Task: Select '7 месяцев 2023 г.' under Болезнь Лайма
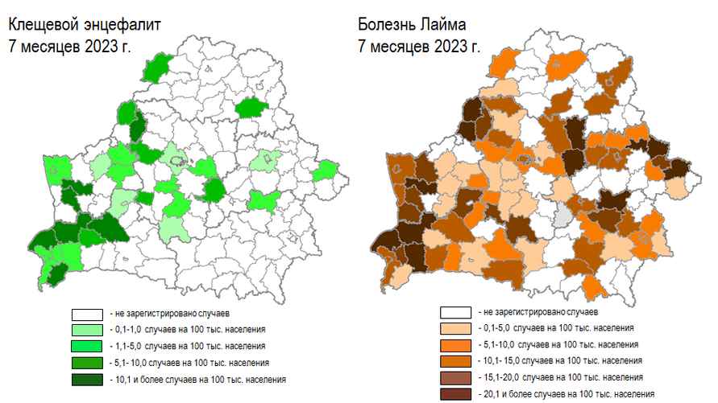[x=419, y=46]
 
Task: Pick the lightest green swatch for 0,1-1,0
[x=87, y=329]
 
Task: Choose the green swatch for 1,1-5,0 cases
[x=87, y=345]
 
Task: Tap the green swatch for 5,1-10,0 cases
[x=87, y=361]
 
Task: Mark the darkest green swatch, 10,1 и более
[x=87, y=378]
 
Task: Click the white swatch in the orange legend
[x=456, y=311]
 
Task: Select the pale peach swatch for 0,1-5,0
[x=456, y=328]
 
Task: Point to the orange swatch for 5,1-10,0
[x=456, y=344]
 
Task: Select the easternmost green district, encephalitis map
[x=326, y=171]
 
